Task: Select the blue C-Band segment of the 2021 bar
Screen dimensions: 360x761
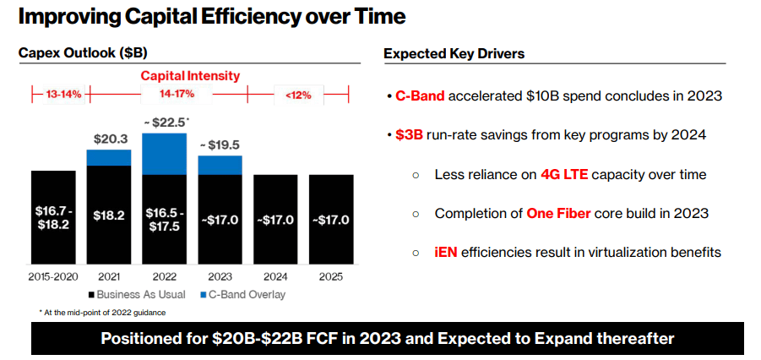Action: point(109,158)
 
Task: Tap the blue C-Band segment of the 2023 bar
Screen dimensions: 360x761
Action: point(220,165)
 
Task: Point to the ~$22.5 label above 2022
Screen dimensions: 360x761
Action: point(165,123)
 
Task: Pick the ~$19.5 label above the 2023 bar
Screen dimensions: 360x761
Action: point(220,145)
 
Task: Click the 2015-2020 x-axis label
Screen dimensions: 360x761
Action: point(53,277)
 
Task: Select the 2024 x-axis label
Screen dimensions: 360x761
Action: point(275,277)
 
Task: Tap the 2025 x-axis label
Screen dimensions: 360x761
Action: point(330,277)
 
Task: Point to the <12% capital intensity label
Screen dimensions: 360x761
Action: point(297,95)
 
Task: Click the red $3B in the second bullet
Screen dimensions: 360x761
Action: point(411,135)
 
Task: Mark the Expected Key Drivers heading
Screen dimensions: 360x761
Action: point(454,54)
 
